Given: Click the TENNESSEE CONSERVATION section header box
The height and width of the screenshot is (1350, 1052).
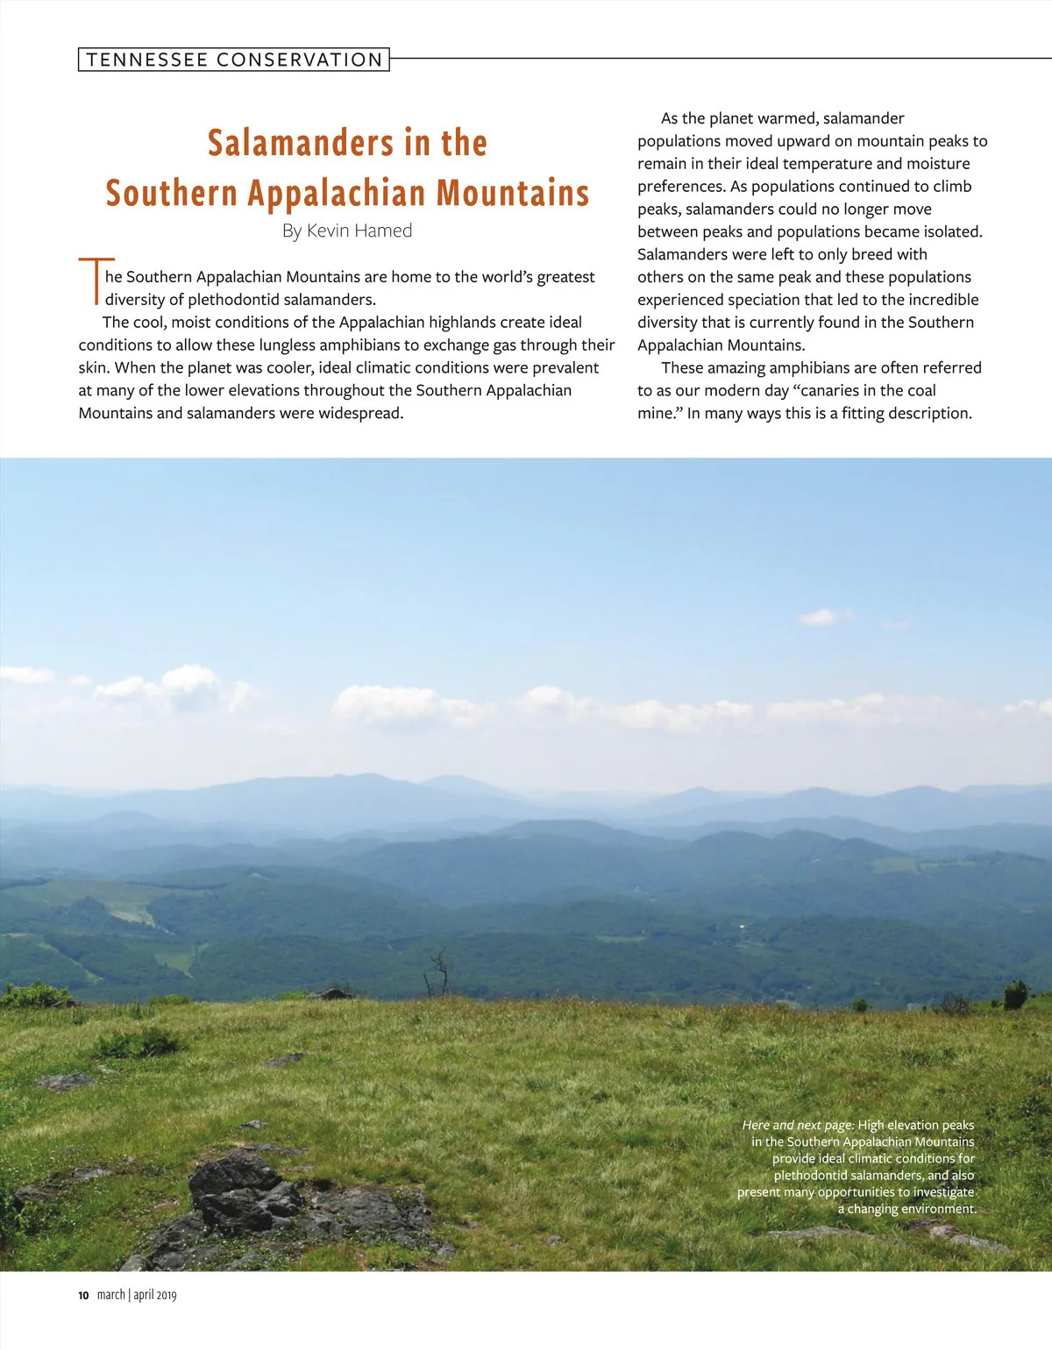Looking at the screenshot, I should (x=233, y=60).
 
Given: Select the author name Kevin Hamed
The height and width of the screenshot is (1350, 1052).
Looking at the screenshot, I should (x=359, y=231).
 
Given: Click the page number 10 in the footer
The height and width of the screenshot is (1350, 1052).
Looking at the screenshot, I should (x=83, y=1296).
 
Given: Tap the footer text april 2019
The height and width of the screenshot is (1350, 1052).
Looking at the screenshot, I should (x=155, y=1296).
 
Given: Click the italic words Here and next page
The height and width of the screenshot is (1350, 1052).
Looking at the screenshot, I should (x=798, y=1126).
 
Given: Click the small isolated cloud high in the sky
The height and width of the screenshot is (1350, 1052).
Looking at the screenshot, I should (x=821, y=617).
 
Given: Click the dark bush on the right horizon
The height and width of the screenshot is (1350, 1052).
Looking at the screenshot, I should (x=1015, y=995).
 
